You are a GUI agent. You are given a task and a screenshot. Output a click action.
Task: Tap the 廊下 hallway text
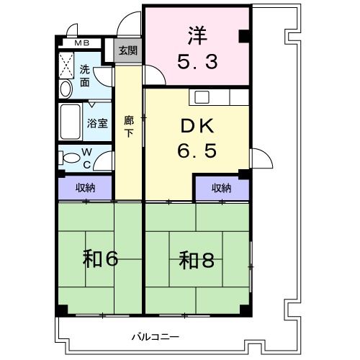tap(129, 127)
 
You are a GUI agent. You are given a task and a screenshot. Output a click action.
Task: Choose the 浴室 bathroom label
tap(98, 122)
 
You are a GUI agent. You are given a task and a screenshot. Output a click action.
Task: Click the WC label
tap(86, 157)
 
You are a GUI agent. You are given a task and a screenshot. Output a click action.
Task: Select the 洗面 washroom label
tap(84, 76)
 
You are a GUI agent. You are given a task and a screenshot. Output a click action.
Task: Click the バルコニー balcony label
tap(155, 336)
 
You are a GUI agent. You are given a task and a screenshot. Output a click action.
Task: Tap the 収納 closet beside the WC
tap(86, 188)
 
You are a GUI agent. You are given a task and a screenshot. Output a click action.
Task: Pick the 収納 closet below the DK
tap(221, 188)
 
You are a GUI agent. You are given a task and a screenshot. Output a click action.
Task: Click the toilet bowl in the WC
tap(70, 158)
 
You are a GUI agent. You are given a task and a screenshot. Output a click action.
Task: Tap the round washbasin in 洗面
tap(66, 89)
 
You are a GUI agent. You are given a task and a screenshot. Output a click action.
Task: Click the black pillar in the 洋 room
tap(245, 35)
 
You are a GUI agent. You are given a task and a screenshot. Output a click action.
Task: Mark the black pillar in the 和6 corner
tap(63, 310)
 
